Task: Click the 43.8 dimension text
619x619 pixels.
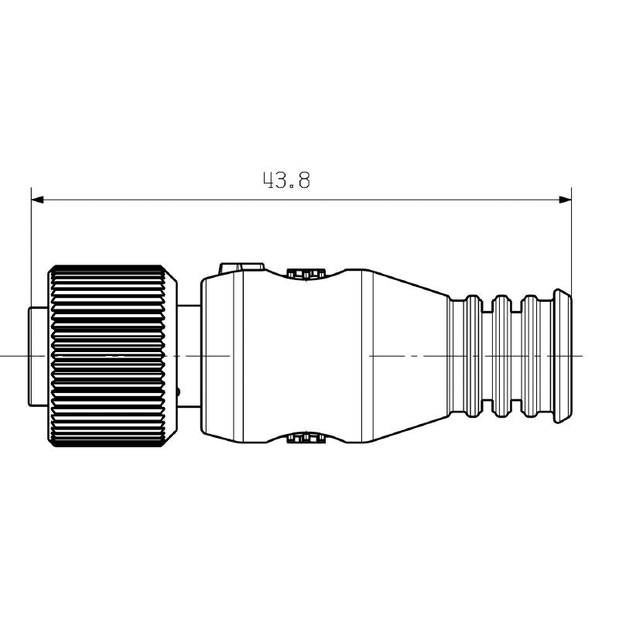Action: click(286, 180)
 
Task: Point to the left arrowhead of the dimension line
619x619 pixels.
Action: click(37, 200)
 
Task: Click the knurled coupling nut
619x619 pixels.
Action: click(110, 356)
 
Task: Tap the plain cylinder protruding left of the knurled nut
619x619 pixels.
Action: click(39, 356)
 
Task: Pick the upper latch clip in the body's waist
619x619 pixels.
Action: click(303, 273)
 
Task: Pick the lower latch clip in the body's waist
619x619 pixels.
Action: click(303, 439)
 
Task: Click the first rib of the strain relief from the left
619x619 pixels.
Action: click(473, 356)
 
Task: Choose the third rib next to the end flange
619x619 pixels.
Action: click(531, 356)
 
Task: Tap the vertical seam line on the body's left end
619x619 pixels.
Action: click(245, 356)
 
